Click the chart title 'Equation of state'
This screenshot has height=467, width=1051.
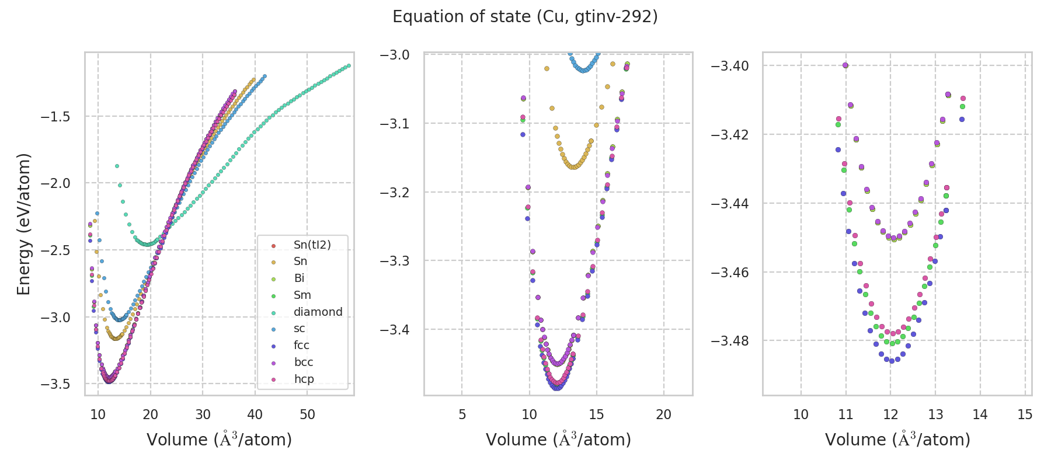click(525, 17)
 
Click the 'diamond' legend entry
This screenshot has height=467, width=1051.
click(318, 312)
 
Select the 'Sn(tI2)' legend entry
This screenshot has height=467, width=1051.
click(312, 245)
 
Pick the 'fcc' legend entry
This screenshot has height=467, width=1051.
click(301, 345)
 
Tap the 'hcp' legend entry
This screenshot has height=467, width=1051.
click(304, 379)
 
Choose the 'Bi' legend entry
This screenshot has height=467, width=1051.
click(299, 278)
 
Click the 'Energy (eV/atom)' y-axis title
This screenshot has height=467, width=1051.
click(23, 224)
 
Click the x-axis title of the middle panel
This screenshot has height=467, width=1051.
click(558, 440)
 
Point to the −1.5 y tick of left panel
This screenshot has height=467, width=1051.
click(55, 116)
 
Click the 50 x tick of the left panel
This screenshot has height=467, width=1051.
click(307, 414)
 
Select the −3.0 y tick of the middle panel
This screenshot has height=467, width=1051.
click(395, 55)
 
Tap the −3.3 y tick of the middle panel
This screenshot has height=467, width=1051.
click(395, 260)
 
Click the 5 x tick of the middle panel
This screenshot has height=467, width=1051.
click(462, 414)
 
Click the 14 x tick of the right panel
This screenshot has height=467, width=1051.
click(980, 414)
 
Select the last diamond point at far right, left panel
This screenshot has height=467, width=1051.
click(349, 65)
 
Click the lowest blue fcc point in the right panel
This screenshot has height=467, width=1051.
click(892, 361)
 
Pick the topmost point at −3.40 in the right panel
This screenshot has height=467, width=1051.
click(845, 65)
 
